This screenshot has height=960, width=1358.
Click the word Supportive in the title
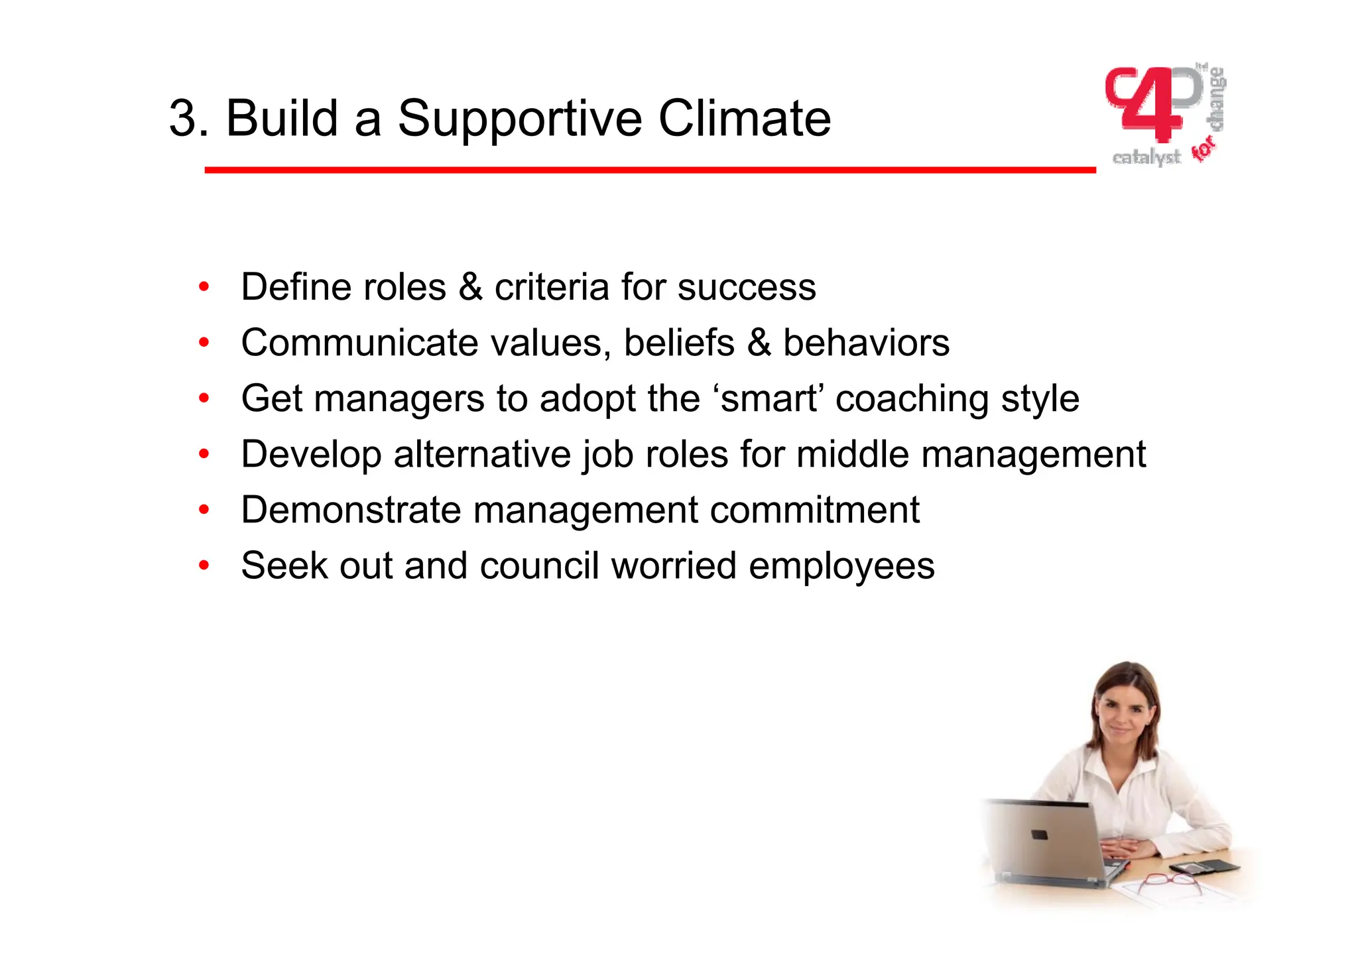point(519,119)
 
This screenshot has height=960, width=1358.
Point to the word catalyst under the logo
point(1146,158)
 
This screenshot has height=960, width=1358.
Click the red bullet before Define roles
point(204,287)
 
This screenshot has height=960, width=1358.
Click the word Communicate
point(359,343)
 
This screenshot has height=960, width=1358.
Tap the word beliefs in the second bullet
point(678,343)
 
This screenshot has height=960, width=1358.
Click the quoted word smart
point(769,398)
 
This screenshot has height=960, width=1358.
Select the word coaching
point(912,400)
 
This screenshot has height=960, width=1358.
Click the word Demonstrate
point(351,510)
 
